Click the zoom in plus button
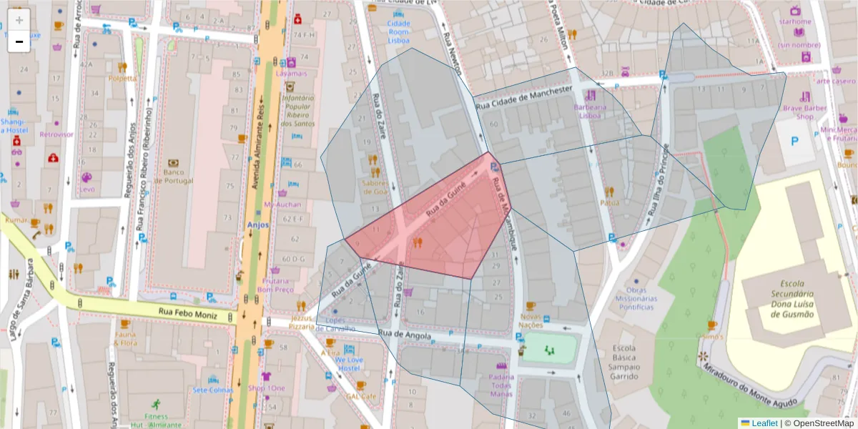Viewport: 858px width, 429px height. click(19, 20)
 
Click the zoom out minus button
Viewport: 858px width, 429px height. click(19, 41)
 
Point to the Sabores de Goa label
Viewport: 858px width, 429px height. click(375, 187)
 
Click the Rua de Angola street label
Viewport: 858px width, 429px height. click(405, 335)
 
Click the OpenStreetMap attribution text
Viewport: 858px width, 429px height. click(819, 423)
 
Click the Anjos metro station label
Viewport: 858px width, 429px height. click(256, 224)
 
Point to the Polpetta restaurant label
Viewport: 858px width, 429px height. click(122, 78)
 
